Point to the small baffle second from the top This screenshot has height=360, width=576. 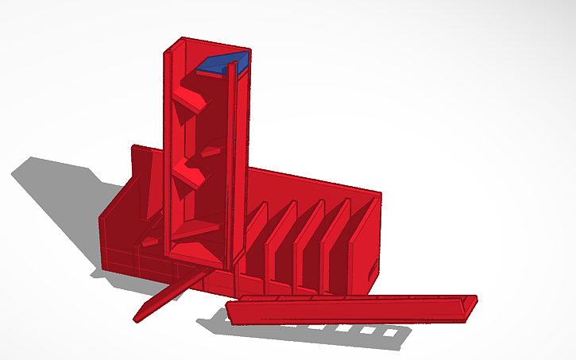point(211,150)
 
